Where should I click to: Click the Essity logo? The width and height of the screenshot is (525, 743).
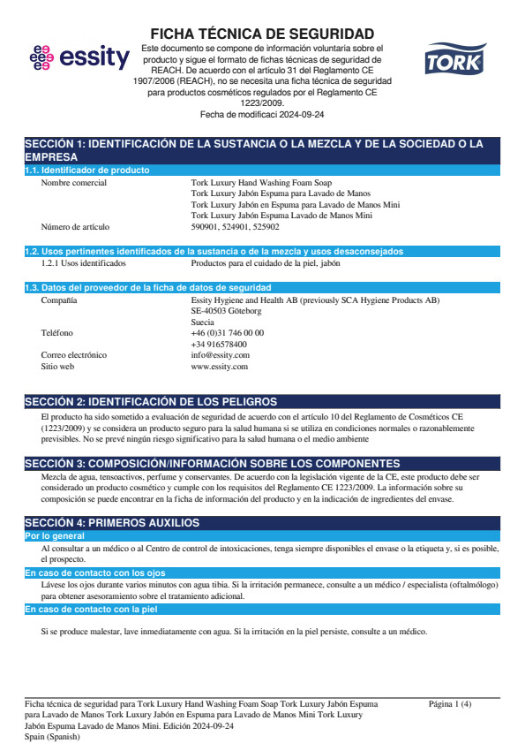click(79, 58)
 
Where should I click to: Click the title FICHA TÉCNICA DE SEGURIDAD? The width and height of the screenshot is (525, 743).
click(262, 34)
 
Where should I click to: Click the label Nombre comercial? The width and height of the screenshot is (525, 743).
click(74, 183)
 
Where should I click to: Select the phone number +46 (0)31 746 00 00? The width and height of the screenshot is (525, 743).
click(227, 333)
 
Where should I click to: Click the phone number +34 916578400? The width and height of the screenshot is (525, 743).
click(219, 345)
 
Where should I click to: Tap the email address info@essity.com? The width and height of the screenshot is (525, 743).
click(221, 355)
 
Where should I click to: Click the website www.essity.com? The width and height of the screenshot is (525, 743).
click(220, 366)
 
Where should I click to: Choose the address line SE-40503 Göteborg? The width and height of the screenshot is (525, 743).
click(226, 311)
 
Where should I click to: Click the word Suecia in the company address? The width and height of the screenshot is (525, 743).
click(203, 322)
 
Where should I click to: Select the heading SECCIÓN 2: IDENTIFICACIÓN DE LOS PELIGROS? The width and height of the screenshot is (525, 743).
click(151, 402)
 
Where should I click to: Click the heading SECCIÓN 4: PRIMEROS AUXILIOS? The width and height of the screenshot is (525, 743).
click(112, 523)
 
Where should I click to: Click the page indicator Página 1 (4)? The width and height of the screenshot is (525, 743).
click(450, 704)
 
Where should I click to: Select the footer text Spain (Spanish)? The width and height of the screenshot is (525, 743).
click(52, 736)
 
